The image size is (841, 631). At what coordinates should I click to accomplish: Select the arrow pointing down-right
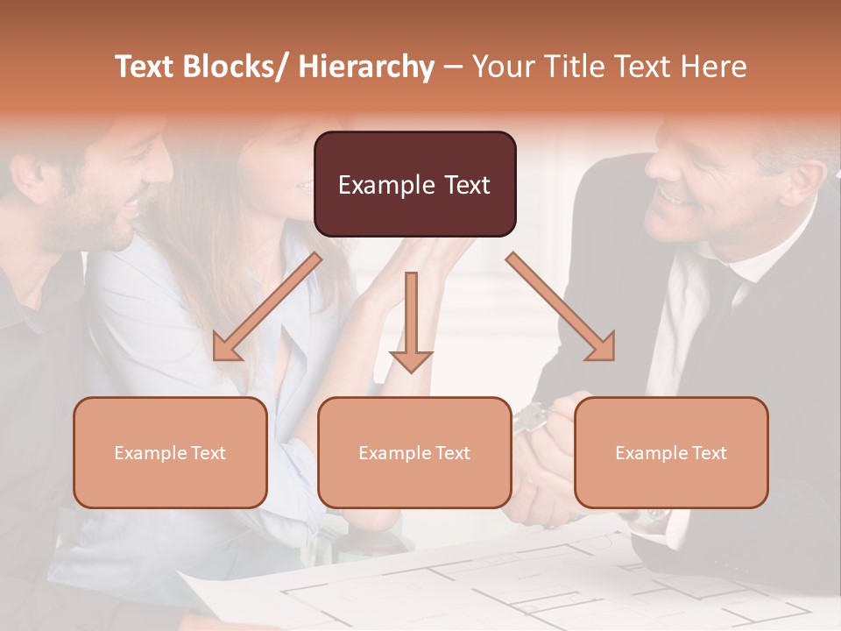(x=561, y=307)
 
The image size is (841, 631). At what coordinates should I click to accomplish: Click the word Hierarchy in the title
(x=366, y=67)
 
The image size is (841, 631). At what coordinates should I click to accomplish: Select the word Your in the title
(x=498, y=67)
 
